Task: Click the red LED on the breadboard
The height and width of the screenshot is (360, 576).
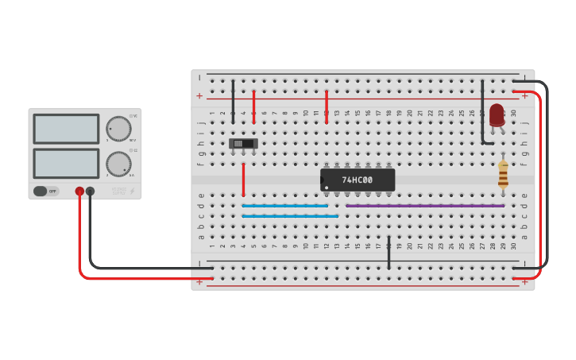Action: tap(497, 114)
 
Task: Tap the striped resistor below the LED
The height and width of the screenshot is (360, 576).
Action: tap(503, 174)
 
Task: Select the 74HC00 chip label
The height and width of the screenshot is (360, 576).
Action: tap(358, 180)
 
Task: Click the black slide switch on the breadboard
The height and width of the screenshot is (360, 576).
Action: tap(243, 144)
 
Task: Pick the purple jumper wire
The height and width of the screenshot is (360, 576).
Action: tap(425, 206)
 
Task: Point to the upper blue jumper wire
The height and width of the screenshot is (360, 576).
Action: tap(284, 206)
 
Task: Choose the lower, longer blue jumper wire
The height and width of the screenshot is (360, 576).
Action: tap(290, 216)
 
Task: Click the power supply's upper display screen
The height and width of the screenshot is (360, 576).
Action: tap(66, 129)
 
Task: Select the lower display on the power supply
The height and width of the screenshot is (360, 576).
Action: tap(66, 163)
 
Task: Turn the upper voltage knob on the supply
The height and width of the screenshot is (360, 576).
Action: tap(118, 128)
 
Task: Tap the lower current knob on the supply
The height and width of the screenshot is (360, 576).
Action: tap(118, 164)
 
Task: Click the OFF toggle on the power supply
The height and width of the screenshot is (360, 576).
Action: tap(46, 191)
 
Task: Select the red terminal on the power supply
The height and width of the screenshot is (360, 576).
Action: tap(79, 191)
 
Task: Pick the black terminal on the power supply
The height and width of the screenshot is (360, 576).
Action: tap(90, 191)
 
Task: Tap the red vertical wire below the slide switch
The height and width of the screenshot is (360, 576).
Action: tap(243, 180)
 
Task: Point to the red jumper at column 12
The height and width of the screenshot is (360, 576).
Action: tap(327, 106)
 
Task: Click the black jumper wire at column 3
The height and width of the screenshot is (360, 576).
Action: tap(233, 99)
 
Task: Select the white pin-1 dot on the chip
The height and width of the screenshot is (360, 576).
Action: tap(326, 188)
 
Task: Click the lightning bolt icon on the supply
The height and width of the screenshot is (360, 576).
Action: tap(132, 191)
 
